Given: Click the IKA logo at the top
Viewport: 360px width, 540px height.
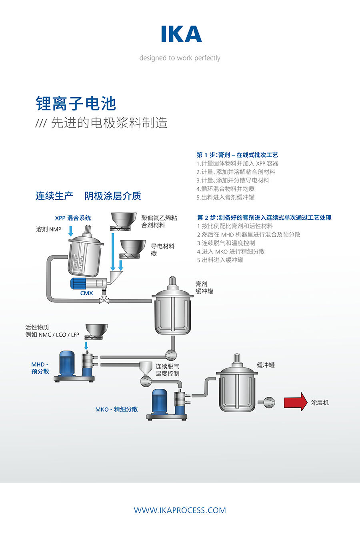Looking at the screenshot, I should pyautogui.click(x=181, y=34).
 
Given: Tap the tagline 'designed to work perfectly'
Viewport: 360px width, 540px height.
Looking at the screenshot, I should pyautogui.click(x=180, y=58).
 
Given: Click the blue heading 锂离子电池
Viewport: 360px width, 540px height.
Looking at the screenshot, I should pyautogui.click(x=76, y=104).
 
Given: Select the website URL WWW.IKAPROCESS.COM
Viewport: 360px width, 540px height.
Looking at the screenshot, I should pyautogui.click(x=180, y=510).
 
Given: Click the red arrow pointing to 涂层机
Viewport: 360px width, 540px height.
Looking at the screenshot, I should pyautogui.click(x=295, y=402).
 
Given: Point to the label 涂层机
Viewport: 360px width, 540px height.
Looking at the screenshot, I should pyautogui.click(x=320, y=402).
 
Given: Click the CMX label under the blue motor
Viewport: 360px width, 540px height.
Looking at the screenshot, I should pyautogui.click(x=86, y=293).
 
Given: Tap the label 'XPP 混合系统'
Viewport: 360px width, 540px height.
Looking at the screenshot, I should pyautogui.click(x=73, y=218).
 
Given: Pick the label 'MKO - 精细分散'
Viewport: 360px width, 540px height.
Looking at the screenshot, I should pyautogui.click(x=116, y=409).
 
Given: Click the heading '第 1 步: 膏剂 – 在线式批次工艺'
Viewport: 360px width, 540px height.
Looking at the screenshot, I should pyautogui.click(x=237, y=155).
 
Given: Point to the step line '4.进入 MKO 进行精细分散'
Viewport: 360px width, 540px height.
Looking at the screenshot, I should pyautogui.click(x=231, y=252).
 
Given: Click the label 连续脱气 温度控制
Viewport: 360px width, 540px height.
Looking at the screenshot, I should pyautogui.click(x=167, y=370).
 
